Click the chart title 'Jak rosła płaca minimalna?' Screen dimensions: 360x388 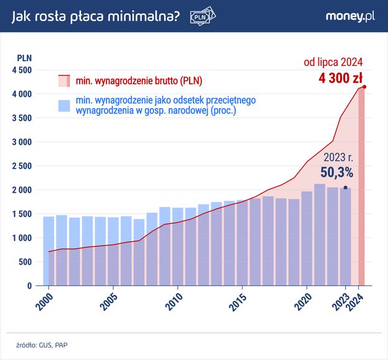(x=96, y=18)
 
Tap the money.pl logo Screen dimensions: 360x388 (x=349, y=17)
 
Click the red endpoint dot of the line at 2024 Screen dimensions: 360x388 (x=364, y=87)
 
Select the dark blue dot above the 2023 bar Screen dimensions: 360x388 (x=345, y=187)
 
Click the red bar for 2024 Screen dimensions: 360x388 (x=361, y=187)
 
